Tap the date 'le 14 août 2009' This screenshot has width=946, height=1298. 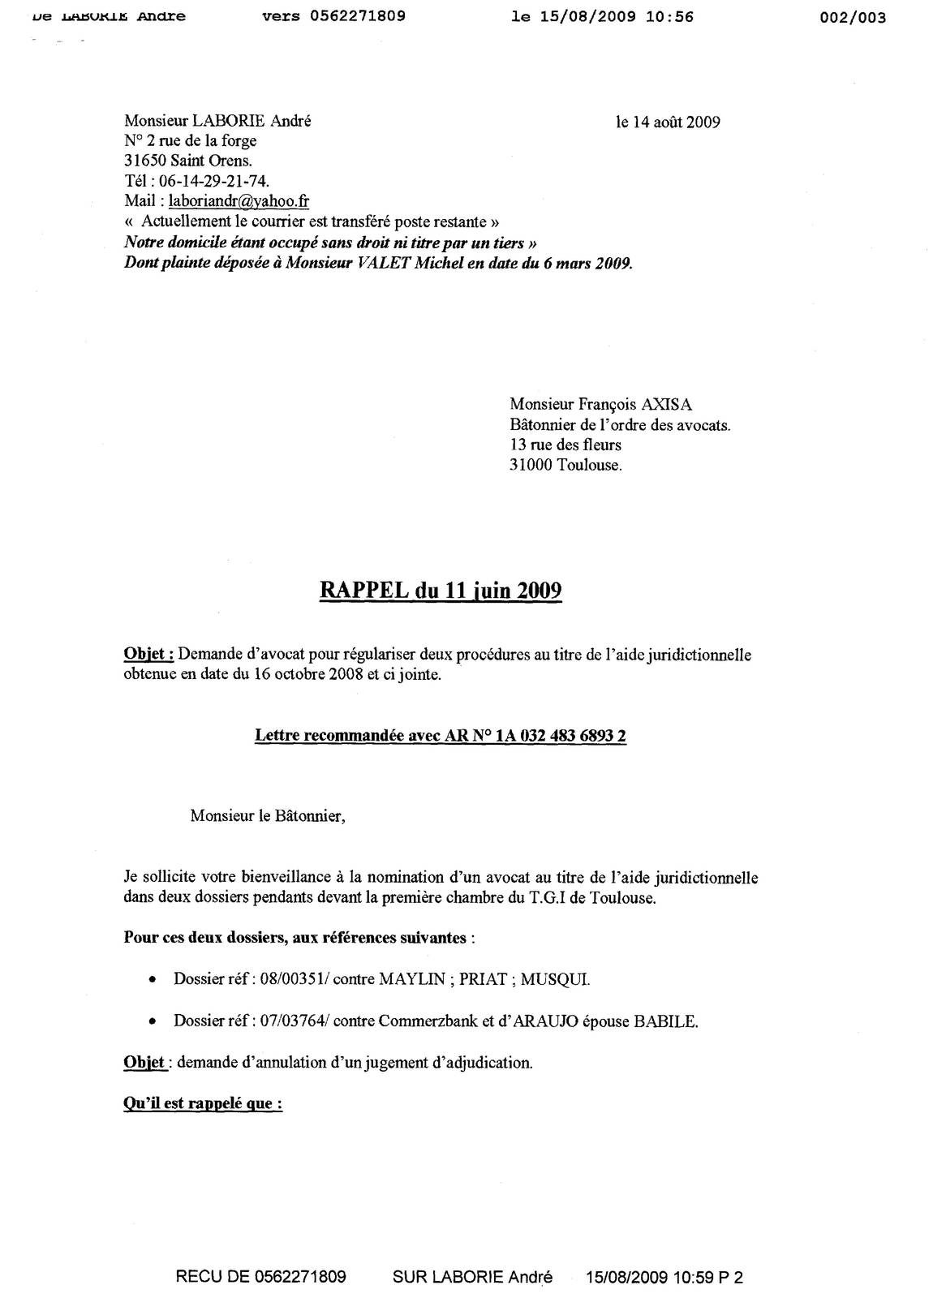tap(668, 122)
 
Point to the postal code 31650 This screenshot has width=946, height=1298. tap(145, 161)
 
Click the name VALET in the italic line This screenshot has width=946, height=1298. tap(385, 264)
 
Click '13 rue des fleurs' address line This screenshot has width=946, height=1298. tap(565, 445)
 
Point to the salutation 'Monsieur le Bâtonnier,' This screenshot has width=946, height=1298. tap(268, 816)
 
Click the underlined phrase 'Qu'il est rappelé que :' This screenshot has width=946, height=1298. tap(203, 1104)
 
